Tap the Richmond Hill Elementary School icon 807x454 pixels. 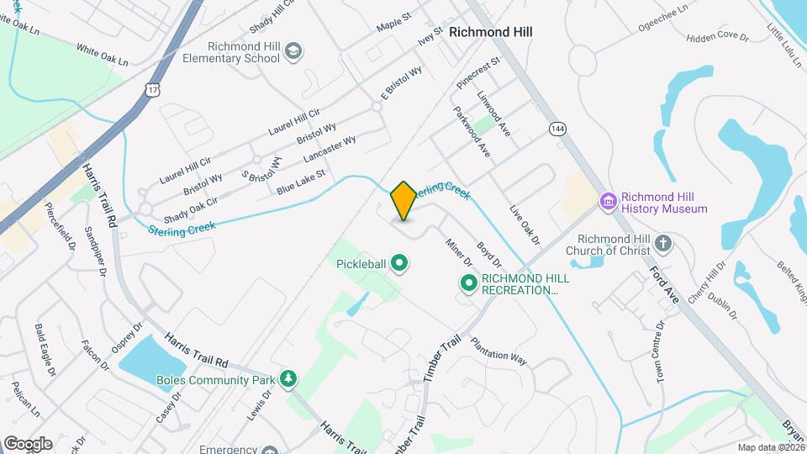coord(293,52)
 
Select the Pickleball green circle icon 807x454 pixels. coord(400,265)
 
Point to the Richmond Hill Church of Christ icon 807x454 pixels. coord(663,244)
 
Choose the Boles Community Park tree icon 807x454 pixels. coord(288,378)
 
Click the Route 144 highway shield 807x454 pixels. coord(557,129)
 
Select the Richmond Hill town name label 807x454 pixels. coord(491,32)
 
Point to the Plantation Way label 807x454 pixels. coord(498,351)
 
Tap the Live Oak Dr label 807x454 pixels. coord(523,224)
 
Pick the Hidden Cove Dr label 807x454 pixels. coord(717,37)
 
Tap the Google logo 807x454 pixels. coord(28,443)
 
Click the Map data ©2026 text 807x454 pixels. coord(770,447)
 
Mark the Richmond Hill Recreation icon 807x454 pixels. coord(468,283)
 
